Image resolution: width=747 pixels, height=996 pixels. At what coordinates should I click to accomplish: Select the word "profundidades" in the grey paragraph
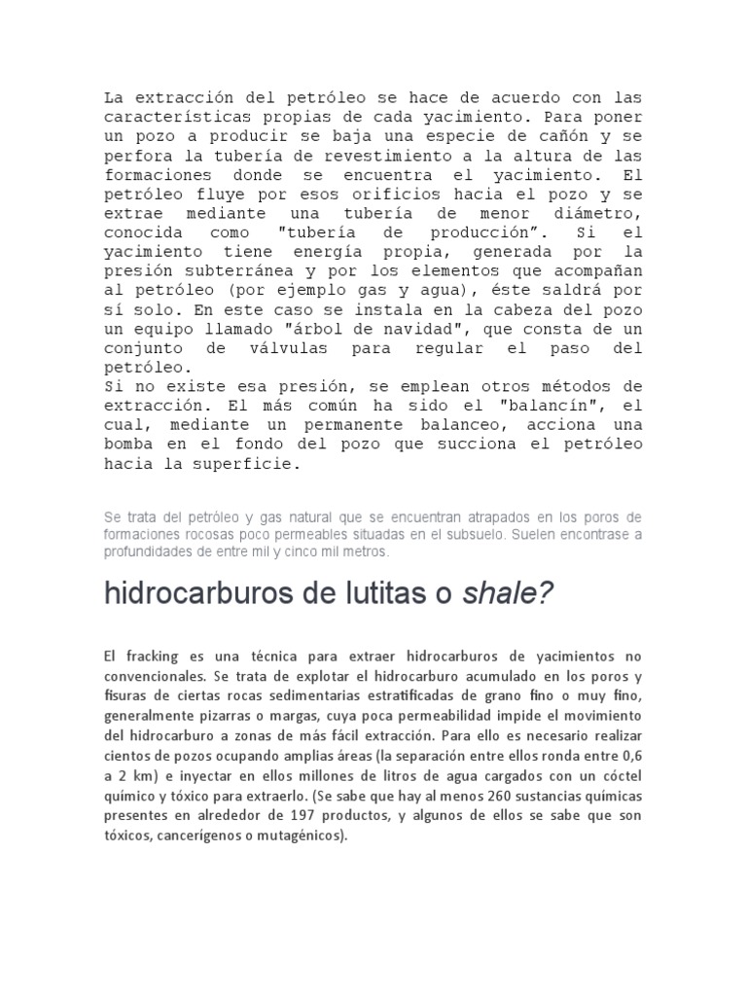pos(149,551)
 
